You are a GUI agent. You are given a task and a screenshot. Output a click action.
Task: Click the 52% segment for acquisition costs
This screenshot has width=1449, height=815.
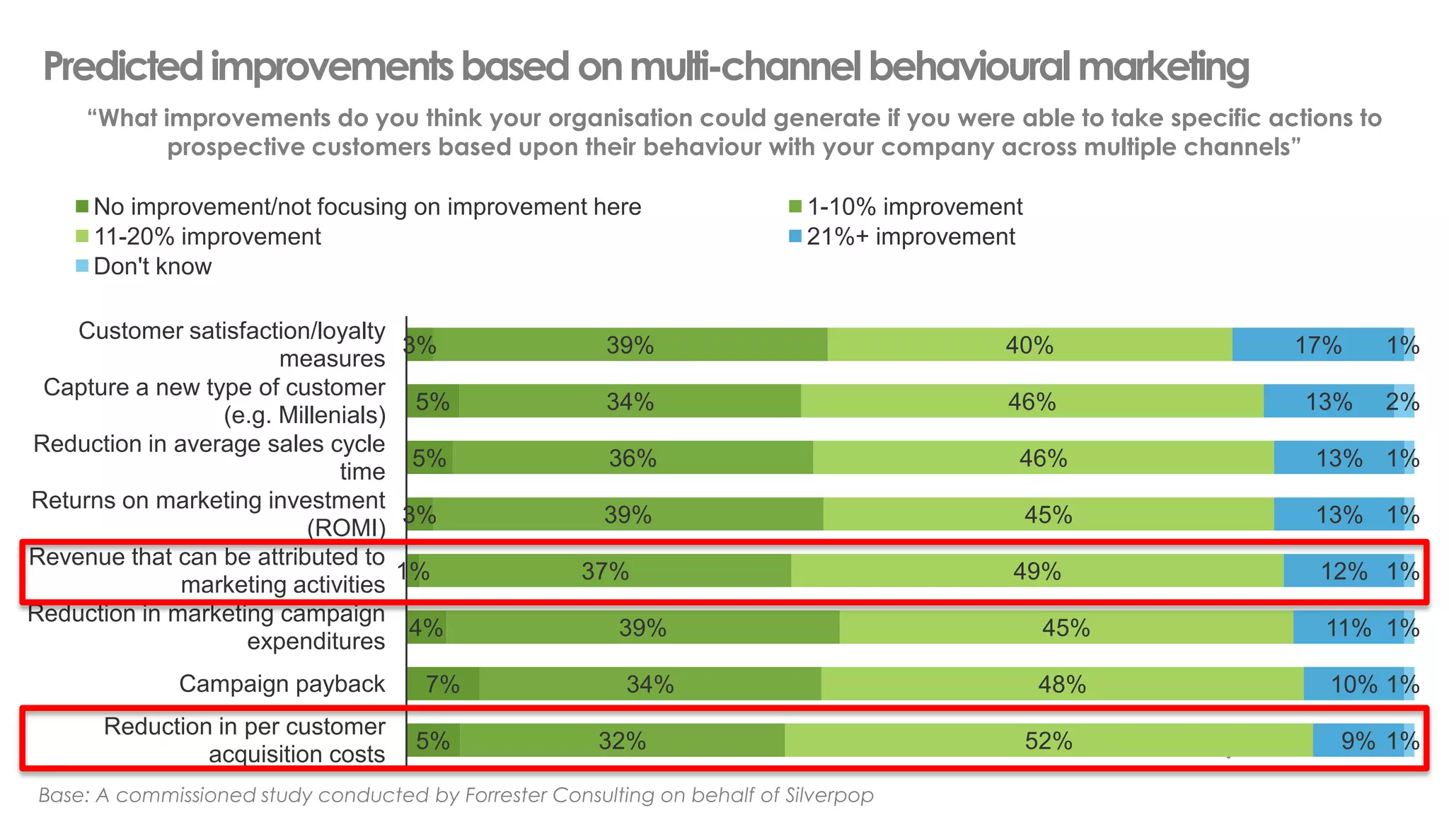[x=1049, y=741]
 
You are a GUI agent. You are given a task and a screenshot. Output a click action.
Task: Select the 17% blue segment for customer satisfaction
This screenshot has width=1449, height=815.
[x=1317, y=345]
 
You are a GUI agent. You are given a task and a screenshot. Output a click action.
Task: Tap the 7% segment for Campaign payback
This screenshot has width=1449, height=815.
[x=443, y=684]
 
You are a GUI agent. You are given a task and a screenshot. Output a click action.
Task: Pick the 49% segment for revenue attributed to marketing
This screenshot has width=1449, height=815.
[x=1037, y=571]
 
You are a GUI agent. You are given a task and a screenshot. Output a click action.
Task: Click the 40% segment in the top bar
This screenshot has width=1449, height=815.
[x=1029, y=345]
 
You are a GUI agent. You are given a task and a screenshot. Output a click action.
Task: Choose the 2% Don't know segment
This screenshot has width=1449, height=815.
[x=1404, y=402]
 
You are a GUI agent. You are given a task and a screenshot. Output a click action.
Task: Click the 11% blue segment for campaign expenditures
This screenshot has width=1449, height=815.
[x=1348, y=628]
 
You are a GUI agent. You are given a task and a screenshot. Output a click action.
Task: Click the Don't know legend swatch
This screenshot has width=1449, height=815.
[x=82, y=266]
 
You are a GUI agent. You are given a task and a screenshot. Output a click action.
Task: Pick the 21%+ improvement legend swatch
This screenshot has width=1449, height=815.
[x=795, y=236]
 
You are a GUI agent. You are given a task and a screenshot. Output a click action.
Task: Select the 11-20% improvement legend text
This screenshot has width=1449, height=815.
[x=207, y=236]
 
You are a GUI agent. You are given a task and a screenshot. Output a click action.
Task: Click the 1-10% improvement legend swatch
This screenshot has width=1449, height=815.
[x=795, y=207]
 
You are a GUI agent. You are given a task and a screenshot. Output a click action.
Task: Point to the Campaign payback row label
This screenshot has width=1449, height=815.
[x=282, y=684]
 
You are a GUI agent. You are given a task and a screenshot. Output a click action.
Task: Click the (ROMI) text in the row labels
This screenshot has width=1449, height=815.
[x=346, y=528]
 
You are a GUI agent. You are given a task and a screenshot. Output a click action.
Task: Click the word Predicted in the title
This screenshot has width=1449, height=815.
[x=123, y=67]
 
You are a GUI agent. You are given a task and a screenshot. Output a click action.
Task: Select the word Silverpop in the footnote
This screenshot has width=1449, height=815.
[x=829, y=795]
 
